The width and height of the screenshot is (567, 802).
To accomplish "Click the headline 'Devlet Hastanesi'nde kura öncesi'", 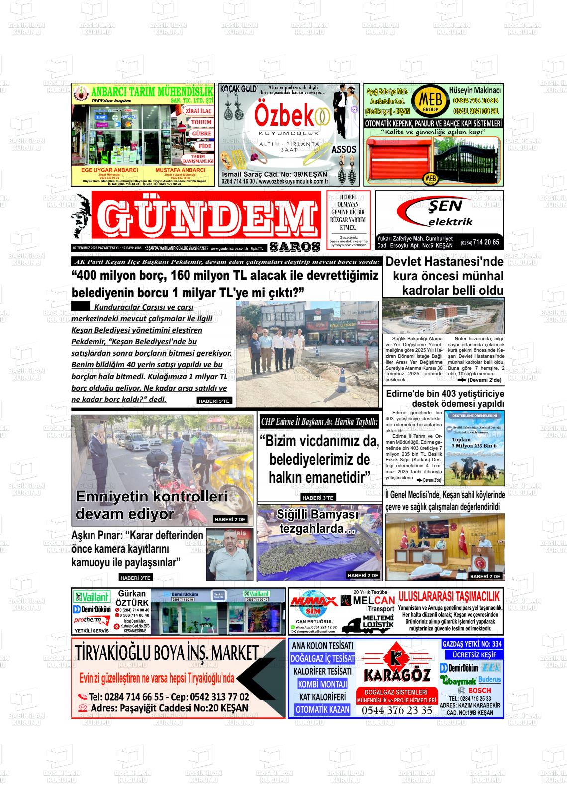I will tap(444, 276).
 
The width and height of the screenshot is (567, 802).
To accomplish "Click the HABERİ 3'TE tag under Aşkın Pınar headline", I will tap(135, 578).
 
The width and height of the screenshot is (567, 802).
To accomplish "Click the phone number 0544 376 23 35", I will tap(397, 710).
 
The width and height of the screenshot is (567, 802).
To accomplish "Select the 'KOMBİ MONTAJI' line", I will tap(322, 684).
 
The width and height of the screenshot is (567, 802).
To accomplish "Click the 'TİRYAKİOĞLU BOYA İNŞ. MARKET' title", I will tap(167, 652).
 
